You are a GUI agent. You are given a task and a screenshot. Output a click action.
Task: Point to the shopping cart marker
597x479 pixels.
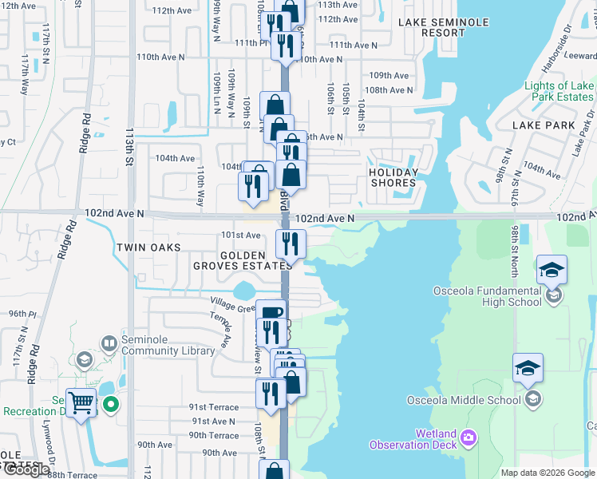click(81, 402)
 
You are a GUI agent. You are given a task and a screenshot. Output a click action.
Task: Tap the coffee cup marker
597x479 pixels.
click(271, 312)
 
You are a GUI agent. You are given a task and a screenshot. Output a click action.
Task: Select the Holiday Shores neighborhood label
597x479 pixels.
click(393, 177)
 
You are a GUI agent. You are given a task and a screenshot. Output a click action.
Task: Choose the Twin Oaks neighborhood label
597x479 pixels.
click(149, 247)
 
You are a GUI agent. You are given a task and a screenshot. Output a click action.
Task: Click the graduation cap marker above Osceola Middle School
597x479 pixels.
click(528, 367)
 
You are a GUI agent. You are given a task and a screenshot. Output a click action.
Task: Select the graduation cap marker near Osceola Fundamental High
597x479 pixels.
click(552, 269)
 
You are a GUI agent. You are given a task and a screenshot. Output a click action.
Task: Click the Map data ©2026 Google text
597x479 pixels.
click(548, 473)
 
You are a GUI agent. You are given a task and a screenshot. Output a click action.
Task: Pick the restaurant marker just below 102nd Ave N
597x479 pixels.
click(291, 243)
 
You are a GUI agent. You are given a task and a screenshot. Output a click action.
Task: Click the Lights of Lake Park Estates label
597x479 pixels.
click(559, 91)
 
